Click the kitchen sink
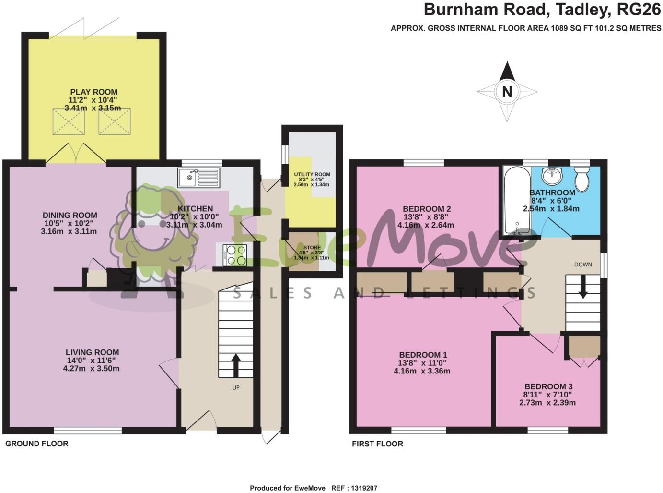pos(198,178)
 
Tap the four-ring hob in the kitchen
pos(235,254)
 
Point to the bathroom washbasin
pos(554,175)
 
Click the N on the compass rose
pos(507,91)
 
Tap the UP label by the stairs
pos(236,387)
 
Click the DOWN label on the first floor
pos(582,265)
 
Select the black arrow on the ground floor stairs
pos(236,365)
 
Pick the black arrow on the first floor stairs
pos(582,289)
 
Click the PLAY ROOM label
pos(93,92)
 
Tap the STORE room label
pos(312,248)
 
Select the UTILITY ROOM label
pos(312,175)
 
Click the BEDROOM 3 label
pos(548,386)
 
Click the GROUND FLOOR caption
pos(37,444)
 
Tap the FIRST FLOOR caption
pos(377,444)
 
